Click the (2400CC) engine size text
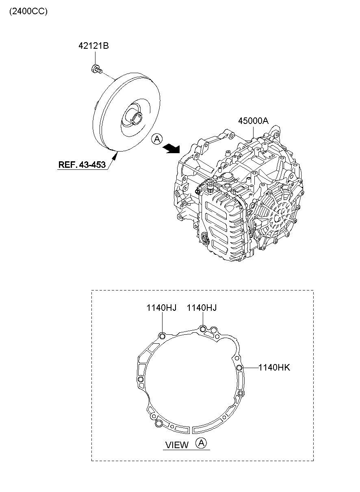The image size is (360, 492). (x=28, y=11)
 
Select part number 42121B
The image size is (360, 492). (x=93, y=46)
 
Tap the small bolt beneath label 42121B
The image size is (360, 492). (x=96, y=69)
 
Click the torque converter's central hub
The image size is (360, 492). (x=135, y=115)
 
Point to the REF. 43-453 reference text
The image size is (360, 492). (x=82, y=165)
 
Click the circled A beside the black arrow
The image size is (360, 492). (x=156, y=139)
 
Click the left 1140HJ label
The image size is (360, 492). (x=162, y=308)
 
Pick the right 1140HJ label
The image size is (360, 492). (x=202, y=308)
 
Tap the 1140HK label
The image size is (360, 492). (x=274, y=368)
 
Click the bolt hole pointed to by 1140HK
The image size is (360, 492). (x=239, y=368)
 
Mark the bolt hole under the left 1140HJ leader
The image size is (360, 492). (x=162, y=336)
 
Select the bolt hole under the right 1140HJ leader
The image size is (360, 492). (x=203, y=329)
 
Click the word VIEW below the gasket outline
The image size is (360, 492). (x=177, y=445)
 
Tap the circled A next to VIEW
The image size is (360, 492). (x=201, y=443)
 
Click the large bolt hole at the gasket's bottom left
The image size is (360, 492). (x=158, y=424)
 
